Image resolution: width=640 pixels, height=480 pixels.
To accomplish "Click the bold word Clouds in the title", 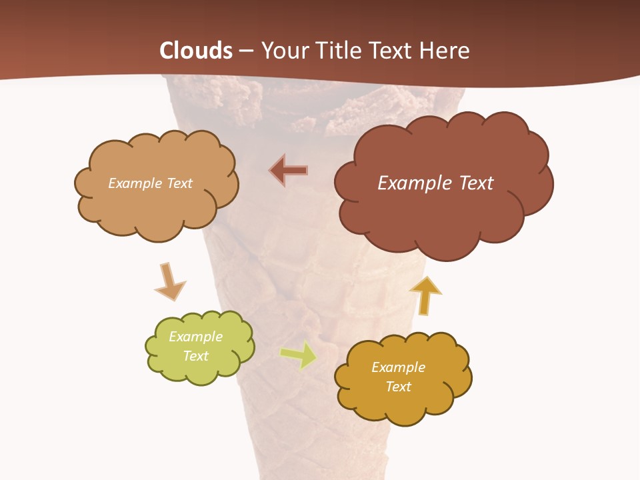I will [x=196, y=51].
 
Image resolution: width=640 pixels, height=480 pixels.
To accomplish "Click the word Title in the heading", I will [x=339, y=51].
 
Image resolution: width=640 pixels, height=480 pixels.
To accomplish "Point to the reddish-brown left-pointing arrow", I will [x=289, y=171].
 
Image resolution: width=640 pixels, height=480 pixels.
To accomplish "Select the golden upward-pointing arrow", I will [x=425, y=295].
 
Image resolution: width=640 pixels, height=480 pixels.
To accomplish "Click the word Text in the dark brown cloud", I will [x=476, y=183].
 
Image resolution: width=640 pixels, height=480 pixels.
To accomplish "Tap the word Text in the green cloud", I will [x=196, y=356].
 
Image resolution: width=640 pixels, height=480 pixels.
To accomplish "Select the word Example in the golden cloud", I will [x=398, y=367].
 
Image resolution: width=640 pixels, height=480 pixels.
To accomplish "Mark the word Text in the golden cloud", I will [x=398, y=387].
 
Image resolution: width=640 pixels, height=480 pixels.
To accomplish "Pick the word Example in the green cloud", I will [x=196, y=337].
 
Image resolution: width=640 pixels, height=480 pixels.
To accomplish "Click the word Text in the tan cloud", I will [x=179, y=183].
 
